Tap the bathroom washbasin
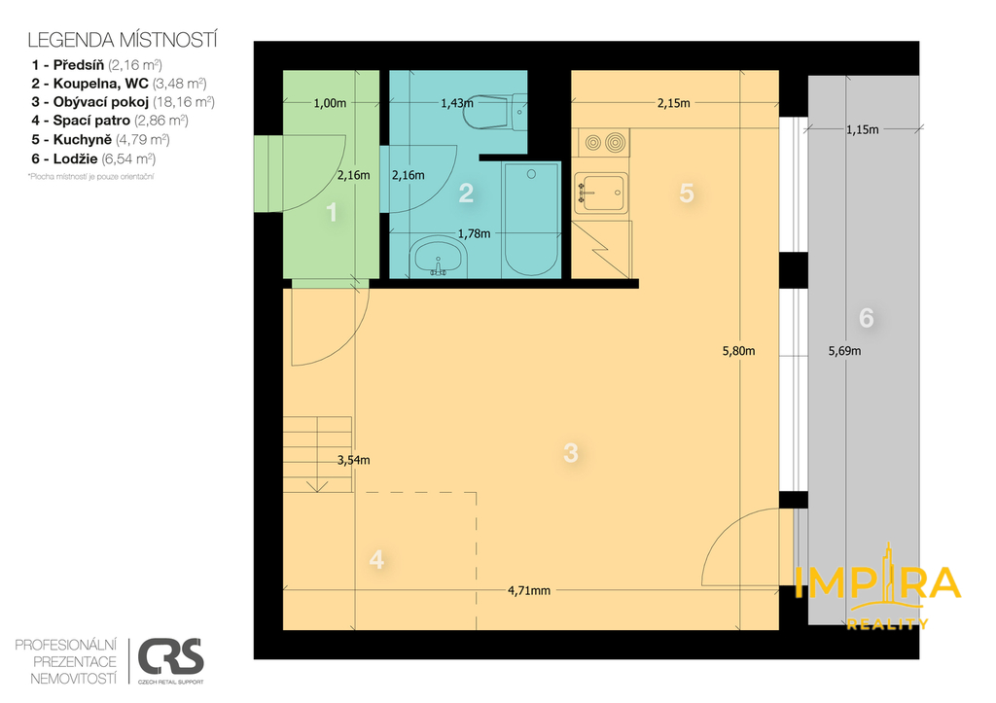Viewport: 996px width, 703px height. click(438, 258)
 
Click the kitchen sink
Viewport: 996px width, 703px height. click(601, 193)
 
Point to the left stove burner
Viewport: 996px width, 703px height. click(592, 143)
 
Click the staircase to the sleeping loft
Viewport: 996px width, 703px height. click(318, 455)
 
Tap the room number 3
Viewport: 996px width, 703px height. click(571, 453)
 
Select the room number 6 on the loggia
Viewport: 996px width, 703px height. click(866, 318)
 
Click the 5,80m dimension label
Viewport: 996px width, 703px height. click(739, 351)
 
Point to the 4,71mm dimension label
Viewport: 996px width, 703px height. click(529, 590)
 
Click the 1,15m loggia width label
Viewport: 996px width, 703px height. click(862, 129)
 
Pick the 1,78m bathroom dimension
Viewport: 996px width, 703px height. click(474, 233)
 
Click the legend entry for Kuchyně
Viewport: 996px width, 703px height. click(100, 140)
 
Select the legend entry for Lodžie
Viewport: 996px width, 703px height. click(93, 158)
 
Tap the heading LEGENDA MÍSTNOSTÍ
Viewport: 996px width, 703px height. click(123, 40)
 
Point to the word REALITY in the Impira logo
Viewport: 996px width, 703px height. click(887, 624)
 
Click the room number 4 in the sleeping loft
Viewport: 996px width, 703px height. click(376, 559)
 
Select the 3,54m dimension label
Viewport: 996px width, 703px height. click(354, 461)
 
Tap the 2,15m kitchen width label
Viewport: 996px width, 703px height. click(673, 103)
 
